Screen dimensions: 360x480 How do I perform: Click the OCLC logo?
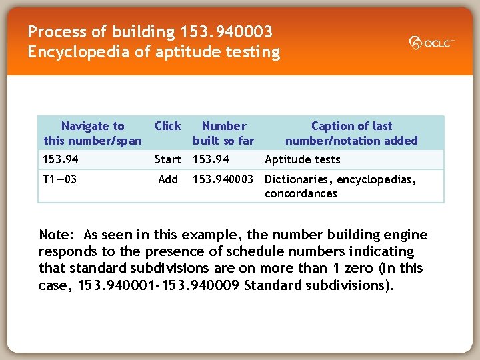click(432, 43)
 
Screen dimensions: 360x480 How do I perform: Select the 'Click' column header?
click(167, 126)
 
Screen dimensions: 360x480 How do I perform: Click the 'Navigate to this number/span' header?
click(93, 133)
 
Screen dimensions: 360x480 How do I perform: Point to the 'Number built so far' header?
click(223, 133)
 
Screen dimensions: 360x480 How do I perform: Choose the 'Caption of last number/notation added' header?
click(351, 133)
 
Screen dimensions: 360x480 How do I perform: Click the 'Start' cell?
click(167, 159)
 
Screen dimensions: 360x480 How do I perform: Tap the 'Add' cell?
click(167, 179)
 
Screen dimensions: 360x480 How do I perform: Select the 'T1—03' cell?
click(59, 179)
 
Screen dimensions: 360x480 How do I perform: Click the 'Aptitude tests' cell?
click(302, 159)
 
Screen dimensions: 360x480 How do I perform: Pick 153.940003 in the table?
click(223, 179)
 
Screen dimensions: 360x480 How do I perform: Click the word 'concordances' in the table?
click(301, 194)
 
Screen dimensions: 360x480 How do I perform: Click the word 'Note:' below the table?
click(58, 235)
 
